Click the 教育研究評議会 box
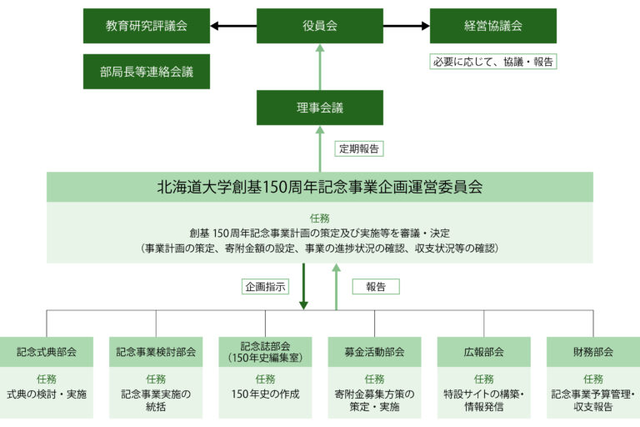coord(147,26)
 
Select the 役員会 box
coord(320,26)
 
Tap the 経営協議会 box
coord(493,26)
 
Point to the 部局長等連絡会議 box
coord(147,72)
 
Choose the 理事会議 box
coord(320,108)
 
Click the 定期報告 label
coord(359,148)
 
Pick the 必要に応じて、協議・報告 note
coord(493,62)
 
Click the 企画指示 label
coord(265,286)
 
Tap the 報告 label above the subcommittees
coord(376,286)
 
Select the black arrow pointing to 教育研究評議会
coord(233,26)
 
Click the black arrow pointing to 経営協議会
coord(407,26)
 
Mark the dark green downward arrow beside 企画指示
coord(303,286)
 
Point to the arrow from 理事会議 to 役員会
coord(320,67)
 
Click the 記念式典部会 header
coord(47,352)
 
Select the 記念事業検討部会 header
coord(156,352)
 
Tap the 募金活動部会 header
coord(375,352)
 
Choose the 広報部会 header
coord(483,352)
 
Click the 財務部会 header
coord(593,352)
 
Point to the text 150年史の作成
coord(265,394)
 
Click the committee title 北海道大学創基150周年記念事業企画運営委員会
coord(320,187)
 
